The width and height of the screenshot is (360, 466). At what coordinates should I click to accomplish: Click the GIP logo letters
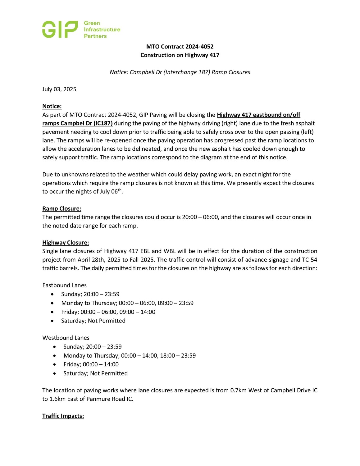coord(60,30)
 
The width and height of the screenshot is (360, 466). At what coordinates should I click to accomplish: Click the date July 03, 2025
coord(59,89)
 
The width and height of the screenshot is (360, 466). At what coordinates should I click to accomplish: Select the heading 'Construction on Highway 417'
coord(180,55)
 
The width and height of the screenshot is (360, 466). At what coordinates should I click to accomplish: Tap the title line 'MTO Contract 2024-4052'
coord(180,47)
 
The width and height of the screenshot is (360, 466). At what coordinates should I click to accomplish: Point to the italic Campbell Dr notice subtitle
coord(180,72)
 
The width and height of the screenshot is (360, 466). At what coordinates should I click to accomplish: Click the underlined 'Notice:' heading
coord(52,106)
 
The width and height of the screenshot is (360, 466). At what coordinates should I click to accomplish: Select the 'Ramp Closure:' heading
coord(62,208)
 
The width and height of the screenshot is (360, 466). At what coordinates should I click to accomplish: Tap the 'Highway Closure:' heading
coord(66,243)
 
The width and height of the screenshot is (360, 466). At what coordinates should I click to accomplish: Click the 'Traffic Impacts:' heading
coord(63,416)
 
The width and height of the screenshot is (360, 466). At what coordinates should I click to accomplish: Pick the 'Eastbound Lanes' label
coord(65,285)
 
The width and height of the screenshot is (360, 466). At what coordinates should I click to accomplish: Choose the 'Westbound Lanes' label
coord(66,338)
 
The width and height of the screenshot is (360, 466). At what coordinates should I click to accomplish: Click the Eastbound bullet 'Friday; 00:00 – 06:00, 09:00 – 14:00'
coord(108,312)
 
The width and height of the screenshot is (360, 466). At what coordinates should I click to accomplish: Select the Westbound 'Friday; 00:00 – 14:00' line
coord(91,364)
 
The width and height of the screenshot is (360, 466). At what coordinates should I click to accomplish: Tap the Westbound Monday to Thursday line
coord(130,355)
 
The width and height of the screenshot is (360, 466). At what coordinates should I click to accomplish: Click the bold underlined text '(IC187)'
coord(103,123)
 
